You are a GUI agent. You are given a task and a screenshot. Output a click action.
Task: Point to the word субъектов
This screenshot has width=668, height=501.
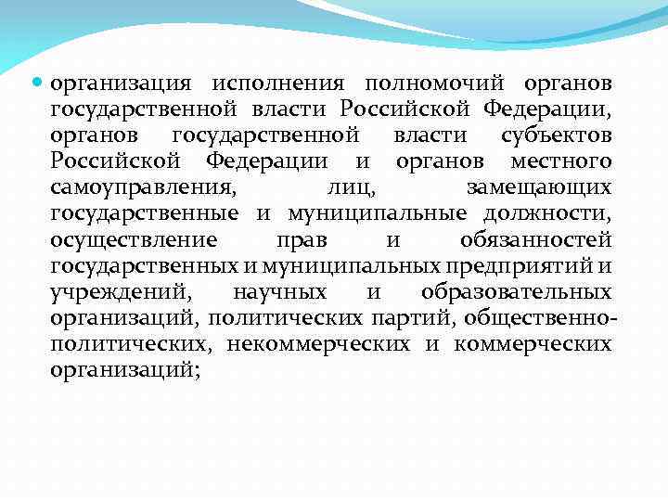[556, 136]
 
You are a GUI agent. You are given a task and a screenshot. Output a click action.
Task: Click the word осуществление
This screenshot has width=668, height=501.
[135, 240]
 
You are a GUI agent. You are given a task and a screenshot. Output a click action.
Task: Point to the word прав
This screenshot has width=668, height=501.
[302, 240]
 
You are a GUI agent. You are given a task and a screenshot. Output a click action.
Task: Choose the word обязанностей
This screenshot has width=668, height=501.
[535, 240]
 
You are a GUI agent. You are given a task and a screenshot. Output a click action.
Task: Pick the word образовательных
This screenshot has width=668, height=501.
[515, 292]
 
